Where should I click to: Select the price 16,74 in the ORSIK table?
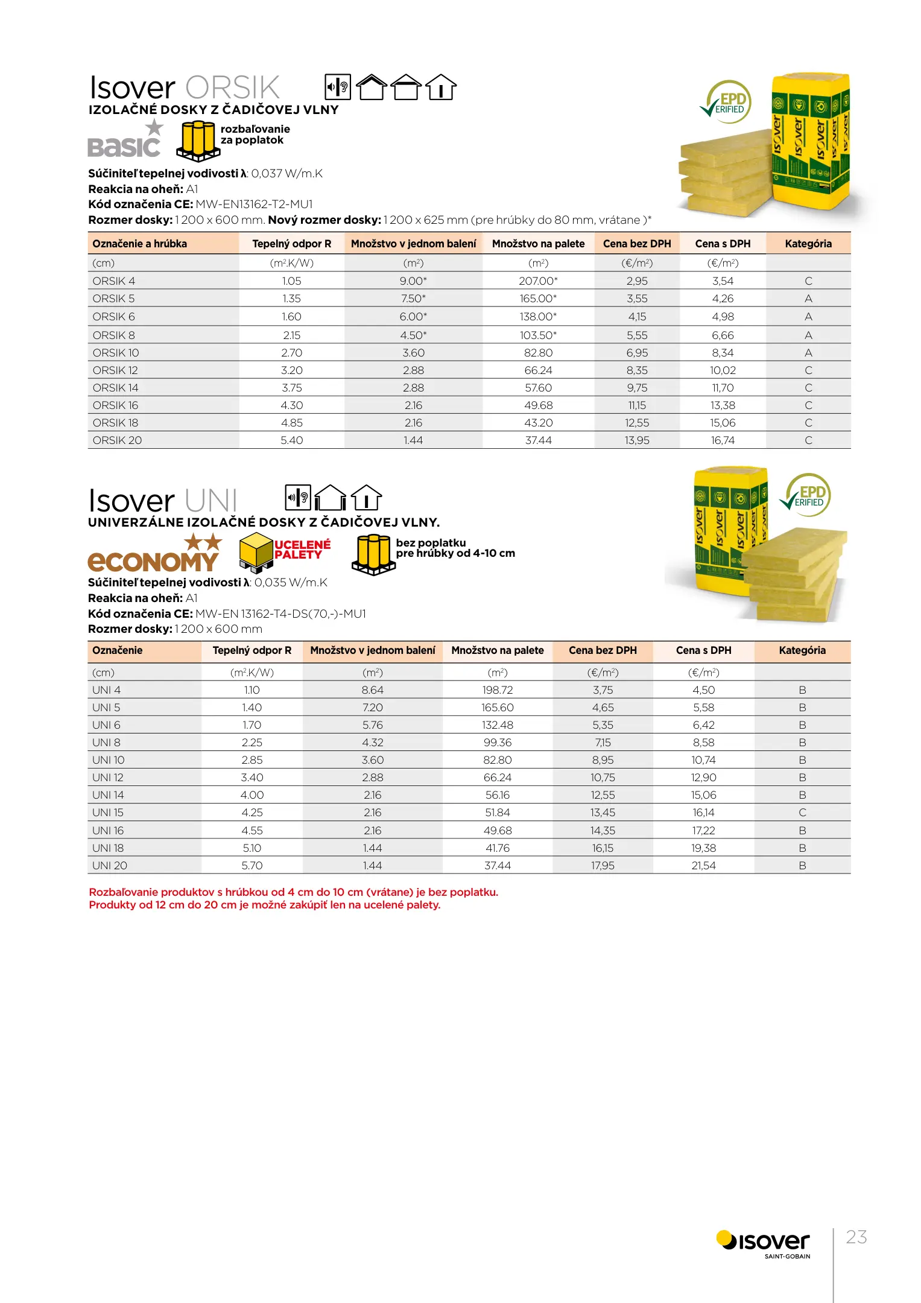(x=723, y=440)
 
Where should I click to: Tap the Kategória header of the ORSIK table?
(x=808, y=244)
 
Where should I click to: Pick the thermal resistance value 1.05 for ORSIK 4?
(x=291, y=281)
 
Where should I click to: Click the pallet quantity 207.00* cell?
(x=538, y=281)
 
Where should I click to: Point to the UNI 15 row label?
(x=108, y=813)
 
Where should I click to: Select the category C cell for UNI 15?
(x=802, y=813)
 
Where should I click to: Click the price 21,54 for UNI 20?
(x=703, y=866)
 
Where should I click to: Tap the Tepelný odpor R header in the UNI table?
(x=252, y=650)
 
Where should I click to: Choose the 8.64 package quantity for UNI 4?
(x=373, y=690)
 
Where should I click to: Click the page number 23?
(x=856, y=1237)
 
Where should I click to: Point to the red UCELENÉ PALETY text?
(x=302, y=550)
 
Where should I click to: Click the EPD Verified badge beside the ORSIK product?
(x=727, y=102)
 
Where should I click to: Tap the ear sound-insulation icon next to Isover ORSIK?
(x=338, y=87)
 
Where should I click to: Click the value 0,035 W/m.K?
(x=291, y=583)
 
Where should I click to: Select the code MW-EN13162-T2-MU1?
(x=255, y=204)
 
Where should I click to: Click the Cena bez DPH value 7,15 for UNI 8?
(x=603, y=743)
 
